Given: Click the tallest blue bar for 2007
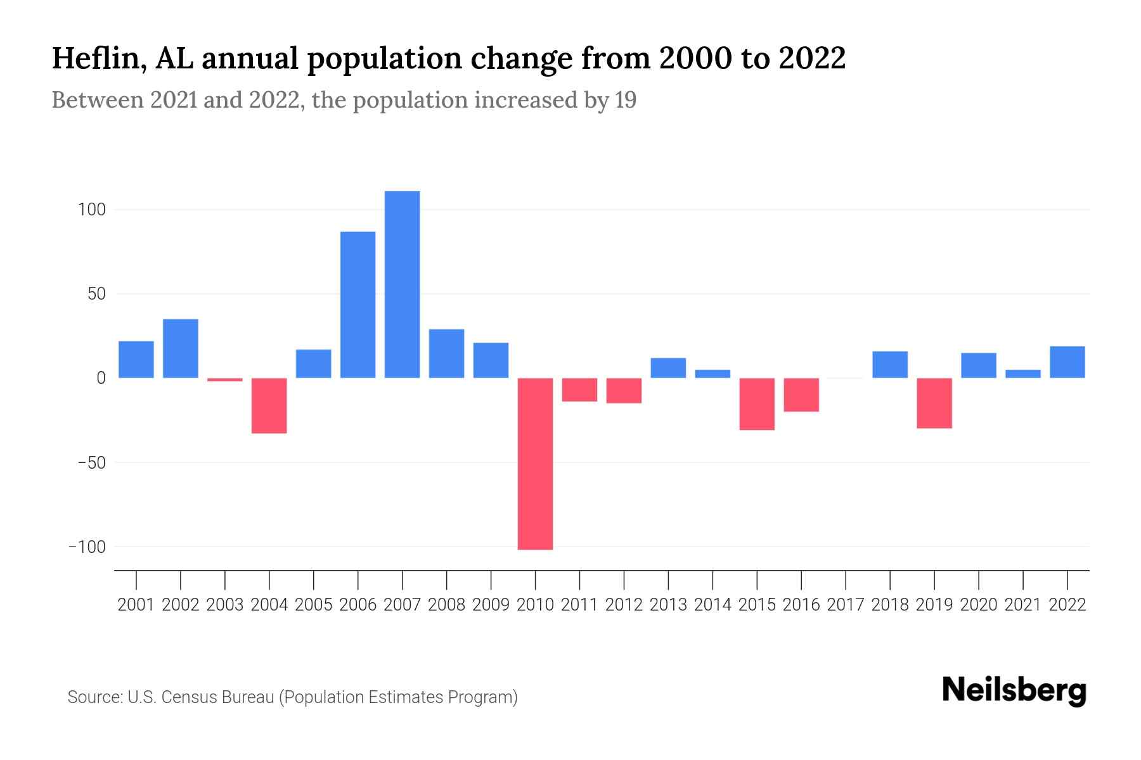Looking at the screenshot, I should pos(402,284).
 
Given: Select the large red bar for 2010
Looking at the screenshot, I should pos(535,464).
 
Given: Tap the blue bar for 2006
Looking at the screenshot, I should pos(358,305).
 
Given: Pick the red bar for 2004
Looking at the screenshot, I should pos(269,405).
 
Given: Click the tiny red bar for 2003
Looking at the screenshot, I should pos(225,379).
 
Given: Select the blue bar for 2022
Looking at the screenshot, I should pos(1067,362).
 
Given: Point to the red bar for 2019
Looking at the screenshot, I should pos(934,403).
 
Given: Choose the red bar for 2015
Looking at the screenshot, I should pos(757,404).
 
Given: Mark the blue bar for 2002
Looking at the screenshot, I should pos(181,348).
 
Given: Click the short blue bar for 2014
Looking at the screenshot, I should pos(712,374).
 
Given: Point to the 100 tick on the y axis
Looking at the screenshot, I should pos(91,210).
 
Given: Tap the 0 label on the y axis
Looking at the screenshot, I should pos(100,378).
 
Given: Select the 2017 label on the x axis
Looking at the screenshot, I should pos(845,605).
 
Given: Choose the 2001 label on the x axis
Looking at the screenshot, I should pos(136,605).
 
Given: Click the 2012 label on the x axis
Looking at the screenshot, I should pos(624,605).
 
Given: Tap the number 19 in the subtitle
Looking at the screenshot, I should pos(624,100).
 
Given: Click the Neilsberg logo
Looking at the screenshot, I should pos(1014,690).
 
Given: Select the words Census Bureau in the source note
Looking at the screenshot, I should pos(219,697).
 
